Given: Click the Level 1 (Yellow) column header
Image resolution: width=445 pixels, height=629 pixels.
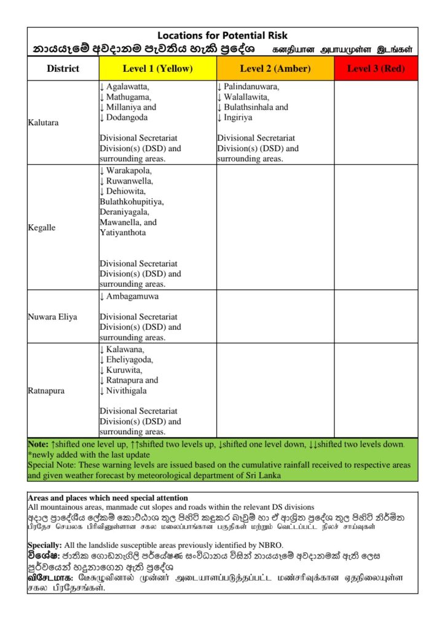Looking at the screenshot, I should pyautogui.click(x=157, y=68).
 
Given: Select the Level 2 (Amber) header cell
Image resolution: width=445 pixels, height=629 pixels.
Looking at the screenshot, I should pyautogui.click(x=275, y=68).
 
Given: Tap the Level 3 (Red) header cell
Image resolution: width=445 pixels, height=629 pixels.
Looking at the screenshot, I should pyautogui.click(x=376, y=68).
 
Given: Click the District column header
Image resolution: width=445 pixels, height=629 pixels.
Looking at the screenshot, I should pyautogui.click(x=63, y=68).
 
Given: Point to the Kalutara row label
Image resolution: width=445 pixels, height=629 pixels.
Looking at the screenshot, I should pyautogui.click(x=44, y=123).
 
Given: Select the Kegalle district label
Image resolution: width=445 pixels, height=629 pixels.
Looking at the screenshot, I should pyautogui.click(x=42, y=228).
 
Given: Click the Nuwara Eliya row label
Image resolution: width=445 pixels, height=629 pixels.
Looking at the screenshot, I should pyautogui.click(x=53, y=317).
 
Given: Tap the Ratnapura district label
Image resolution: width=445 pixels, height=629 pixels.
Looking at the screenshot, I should pyautogui.click(x=46, y=390).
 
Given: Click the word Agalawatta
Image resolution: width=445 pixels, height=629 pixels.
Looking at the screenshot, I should pyautogui.click(x=128, y=87).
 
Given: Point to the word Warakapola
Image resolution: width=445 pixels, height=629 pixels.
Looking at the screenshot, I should pyautogui.click(x=128, y=170).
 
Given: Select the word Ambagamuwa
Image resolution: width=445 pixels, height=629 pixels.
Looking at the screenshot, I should pyautogui.click(x=132, y=296).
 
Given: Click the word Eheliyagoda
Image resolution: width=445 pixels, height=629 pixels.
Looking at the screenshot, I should pyautogui.click(x=130, y=359).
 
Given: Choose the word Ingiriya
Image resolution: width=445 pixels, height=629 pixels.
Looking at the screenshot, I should pyautogui.click(x=238, y=117).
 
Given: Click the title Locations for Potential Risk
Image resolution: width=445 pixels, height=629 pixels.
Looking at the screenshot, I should pyautogui.click(x=222, y=36).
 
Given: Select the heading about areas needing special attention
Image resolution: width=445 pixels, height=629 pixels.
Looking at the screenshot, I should pyautogui.click(x=108, y=498).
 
